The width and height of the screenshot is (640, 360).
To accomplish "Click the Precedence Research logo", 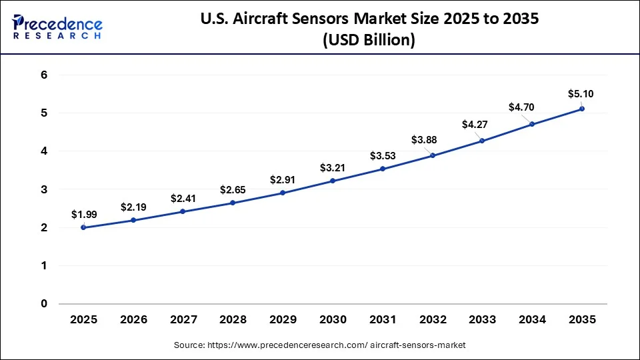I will point(57,27).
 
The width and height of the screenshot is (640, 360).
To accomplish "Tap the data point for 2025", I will point(83,227).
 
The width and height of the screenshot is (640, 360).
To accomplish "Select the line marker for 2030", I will point(333,181).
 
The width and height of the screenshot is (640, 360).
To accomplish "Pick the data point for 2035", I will point(582,109).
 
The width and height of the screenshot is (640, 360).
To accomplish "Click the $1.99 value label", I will point(83,215).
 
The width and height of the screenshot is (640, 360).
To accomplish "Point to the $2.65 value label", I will point(233,190).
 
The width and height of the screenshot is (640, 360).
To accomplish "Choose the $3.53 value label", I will point(383,156).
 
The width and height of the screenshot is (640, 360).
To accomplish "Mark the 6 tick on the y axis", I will point(44,75).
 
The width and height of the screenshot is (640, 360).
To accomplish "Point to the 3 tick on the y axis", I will point(44,189).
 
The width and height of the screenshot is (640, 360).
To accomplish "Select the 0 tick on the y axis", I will point(44,304).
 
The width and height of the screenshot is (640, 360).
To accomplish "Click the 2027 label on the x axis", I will point(183,320).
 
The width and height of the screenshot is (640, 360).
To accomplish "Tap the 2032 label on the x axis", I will point(433,320).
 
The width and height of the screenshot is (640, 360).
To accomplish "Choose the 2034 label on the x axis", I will point(532,320).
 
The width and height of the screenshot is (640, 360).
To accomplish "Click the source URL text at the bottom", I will point(321,345).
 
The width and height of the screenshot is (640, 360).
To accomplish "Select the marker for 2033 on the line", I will point(482,141).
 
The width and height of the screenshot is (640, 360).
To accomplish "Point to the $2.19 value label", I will point(133,207).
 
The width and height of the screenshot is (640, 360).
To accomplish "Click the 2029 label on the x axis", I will point(283,320).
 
